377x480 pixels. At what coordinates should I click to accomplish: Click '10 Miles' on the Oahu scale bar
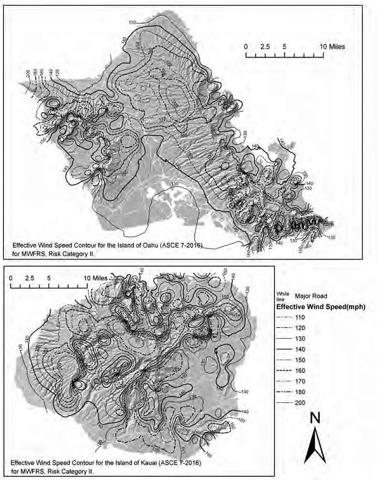333,47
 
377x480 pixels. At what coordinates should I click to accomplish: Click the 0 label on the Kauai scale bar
12,278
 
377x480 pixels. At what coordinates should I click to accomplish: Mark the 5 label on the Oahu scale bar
285,47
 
